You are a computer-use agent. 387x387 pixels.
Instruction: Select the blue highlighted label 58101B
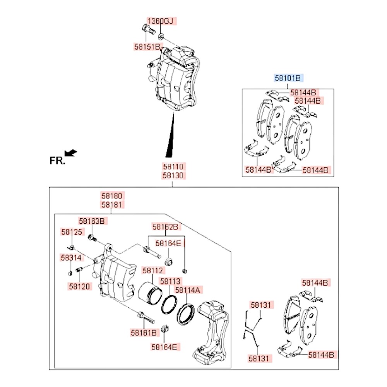288,78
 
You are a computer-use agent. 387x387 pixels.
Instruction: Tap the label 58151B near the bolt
147,47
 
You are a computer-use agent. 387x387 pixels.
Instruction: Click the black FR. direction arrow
70,153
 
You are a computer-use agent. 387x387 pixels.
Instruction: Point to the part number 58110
174,167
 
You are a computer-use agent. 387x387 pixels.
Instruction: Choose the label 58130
174,176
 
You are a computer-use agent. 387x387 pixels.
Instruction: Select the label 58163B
92,221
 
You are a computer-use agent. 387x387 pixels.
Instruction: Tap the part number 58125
72,232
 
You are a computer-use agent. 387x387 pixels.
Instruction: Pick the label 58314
71,257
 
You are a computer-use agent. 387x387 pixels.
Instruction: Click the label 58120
80,286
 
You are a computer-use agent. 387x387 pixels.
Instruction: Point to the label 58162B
165,227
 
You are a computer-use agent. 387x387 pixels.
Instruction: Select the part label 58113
171,281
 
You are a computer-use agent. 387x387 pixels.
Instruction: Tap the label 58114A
188,289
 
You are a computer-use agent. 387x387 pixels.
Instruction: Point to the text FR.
57,160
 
